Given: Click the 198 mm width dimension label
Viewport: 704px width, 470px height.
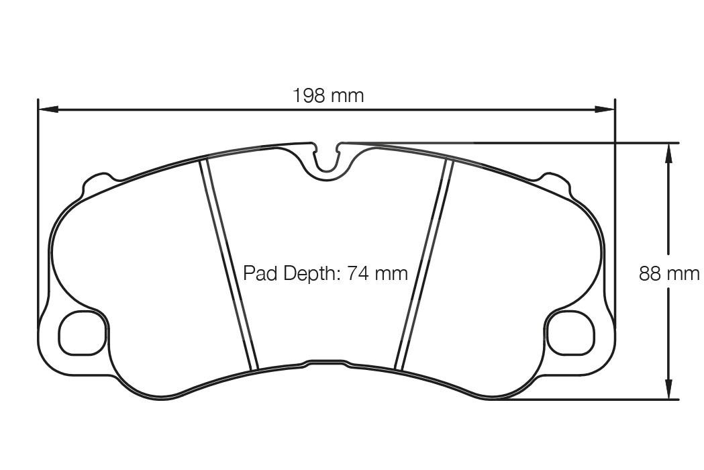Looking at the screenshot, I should (328, 95).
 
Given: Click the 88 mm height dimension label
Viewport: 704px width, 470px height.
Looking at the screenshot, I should (668, 274).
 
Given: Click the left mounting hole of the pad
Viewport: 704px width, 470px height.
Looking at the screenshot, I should (83, 334).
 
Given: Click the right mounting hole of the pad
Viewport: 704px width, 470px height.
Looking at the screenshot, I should (571, 334).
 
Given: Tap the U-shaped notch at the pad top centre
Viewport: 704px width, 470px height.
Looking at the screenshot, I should (327, 161).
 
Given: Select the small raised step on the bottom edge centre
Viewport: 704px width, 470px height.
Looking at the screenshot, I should (327, 363).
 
